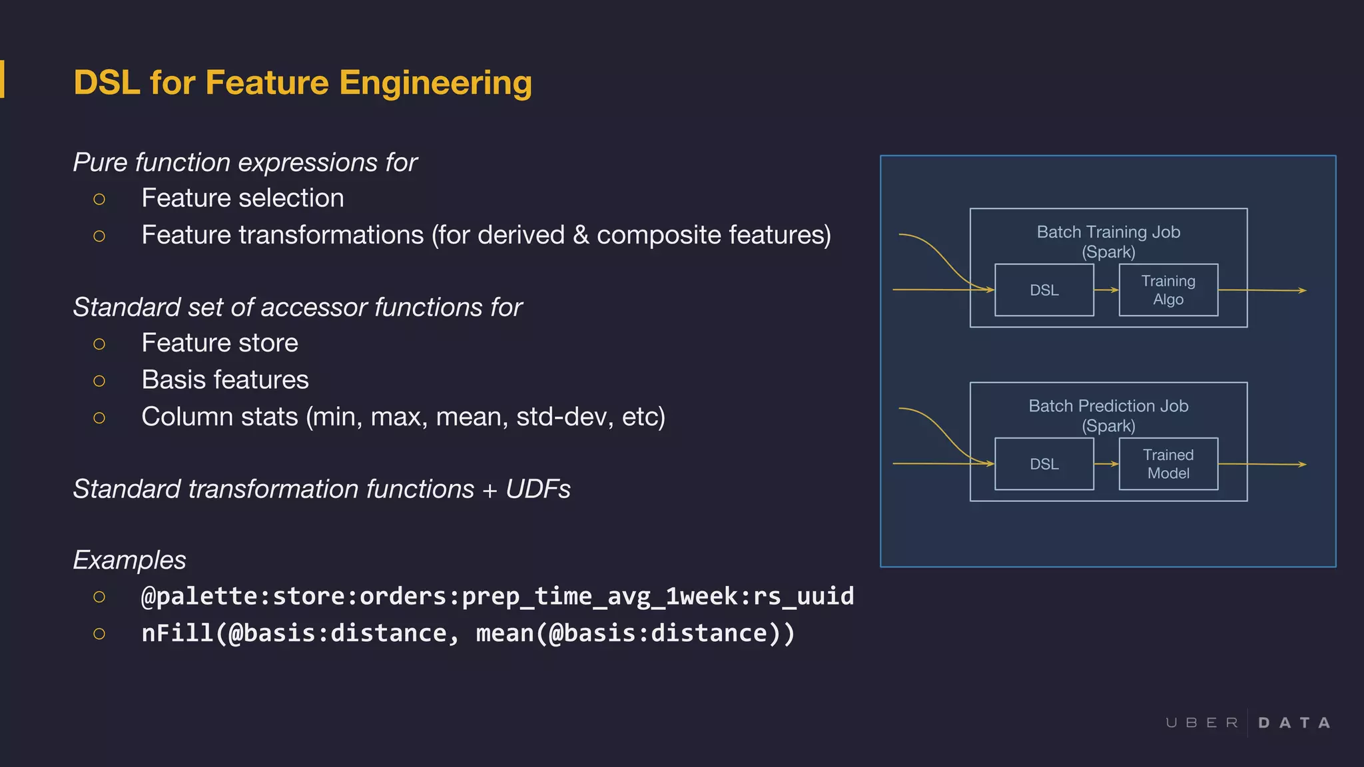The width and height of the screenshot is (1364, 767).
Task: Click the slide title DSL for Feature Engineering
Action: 302,83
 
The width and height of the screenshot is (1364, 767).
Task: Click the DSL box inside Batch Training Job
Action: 1044,290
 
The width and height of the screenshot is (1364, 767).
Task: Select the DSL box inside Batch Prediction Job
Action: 1044,464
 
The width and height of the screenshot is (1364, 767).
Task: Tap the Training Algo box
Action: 1168,290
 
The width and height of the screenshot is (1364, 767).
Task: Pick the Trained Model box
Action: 1168,464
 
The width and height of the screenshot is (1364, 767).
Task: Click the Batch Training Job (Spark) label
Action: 1108,241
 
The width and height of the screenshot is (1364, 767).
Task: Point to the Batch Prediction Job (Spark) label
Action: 1108,415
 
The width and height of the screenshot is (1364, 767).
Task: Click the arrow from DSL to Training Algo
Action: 1106,290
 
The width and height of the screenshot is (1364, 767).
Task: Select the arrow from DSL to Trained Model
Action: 1106,463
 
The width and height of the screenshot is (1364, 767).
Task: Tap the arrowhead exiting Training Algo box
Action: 1302,290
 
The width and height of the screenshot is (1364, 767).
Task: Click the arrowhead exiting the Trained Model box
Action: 1302,464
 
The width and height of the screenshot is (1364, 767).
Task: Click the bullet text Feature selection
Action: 242,198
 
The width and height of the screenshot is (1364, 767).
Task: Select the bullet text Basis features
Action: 225,380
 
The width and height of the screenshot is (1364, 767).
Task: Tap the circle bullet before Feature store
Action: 99,344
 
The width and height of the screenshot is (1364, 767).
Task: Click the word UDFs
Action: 537,489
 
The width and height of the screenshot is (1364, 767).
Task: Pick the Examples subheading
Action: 129,560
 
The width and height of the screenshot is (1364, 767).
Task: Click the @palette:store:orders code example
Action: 497,596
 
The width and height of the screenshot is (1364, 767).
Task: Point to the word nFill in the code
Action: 177,633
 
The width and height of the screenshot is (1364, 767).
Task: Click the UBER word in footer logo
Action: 1201,723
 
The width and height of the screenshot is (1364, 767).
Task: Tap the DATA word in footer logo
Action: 1294,723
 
